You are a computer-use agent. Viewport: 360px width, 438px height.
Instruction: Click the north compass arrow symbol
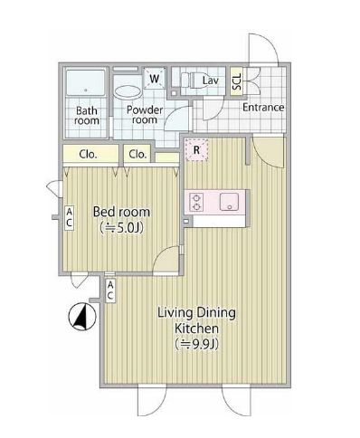pyautogui.click(x=81, y=317)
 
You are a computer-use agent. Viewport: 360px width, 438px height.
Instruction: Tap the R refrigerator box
pyautogui.click(x=195, y=150)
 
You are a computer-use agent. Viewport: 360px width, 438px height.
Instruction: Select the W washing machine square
pyautogui.click(x=155, y=79)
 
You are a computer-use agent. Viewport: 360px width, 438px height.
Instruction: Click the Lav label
pyautogui.click(x=210, y=81)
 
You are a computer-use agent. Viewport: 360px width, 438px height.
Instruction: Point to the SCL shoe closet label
pyautogui.click(x=237, y=81)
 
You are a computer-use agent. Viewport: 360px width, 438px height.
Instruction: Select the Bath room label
pyautogui.click(x=87, y=114)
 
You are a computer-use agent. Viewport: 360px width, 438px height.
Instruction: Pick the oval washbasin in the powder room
pyautogui.click(x=128, y=91)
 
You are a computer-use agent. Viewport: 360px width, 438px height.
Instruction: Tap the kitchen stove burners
pyautogui.click(x=195, y=201)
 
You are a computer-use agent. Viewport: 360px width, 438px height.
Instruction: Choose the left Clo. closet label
pyautogui.click(x=88, y=154)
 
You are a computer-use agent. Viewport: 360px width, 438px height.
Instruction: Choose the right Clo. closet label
pyautogui.click(x=137, y=154)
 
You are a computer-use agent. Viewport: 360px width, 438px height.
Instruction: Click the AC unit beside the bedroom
pyautogui.click(x=67, y=217)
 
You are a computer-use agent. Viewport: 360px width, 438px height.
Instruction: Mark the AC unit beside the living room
pyautogui.click(x=109, y=290)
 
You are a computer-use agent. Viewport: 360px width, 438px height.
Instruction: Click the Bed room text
pyautogui.click(x=122, y=212)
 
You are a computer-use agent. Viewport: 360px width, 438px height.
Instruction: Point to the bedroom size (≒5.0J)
pyautogui.click(x=122, y=228)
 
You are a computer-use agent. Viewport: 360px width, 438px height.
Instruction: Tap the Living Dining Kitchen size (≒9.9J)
pyautogui.click(x=196, y=345)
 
